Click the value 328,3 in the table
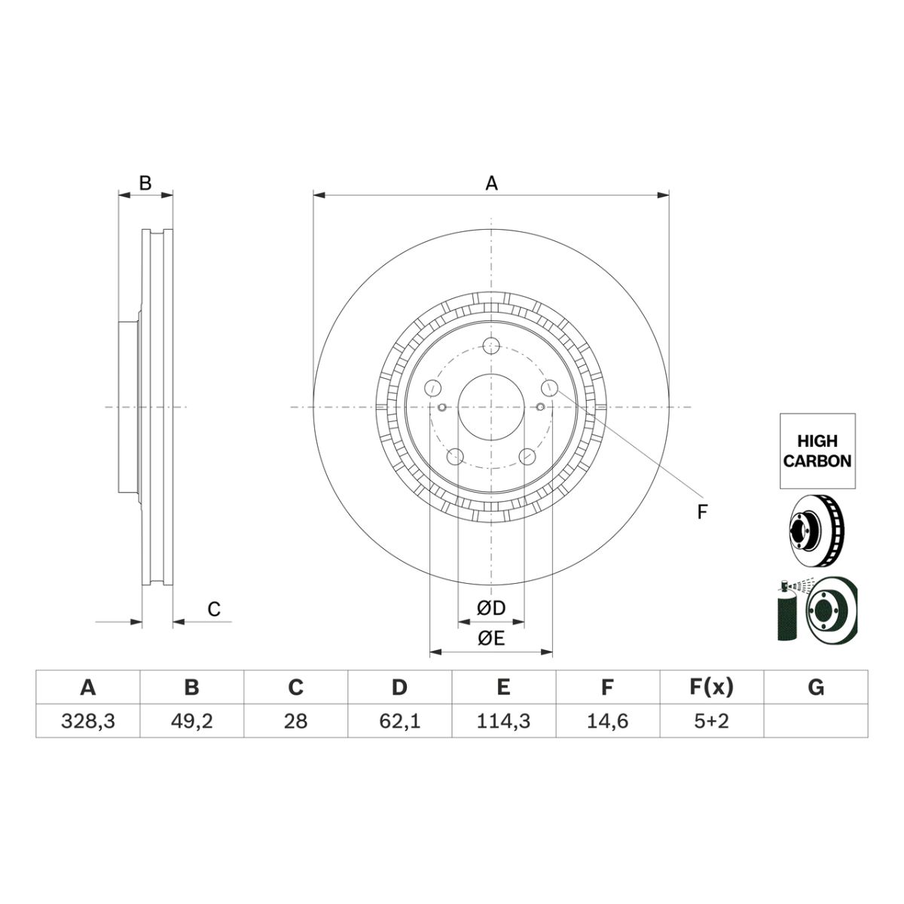point(87,721)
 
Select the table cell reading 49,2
point(192,721)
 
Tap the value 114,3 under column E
point(503,721)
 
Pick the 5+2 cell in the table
point(712,721)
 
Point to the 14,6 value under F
point(607,721)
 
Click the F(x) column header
point(711,687)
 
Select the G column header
point(816,687)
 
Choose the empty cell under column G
point(816,721)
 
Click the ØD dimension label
point(491,609)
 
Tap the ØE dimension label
point(491,639)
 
